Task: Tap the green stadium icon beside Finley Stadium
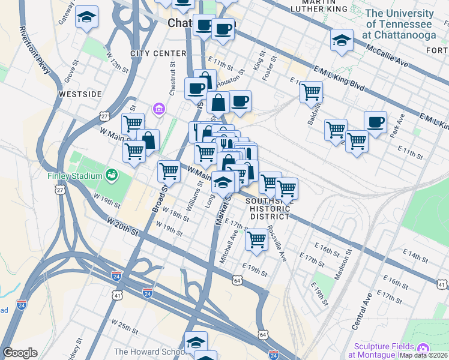111,175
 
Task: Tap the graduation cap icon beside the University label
341,41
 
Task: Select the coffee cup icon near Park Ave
375,122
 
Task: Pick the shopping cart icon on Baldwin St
311,92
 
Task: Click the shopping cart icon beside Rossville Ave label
257,239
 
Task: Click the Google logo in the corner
20,353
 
